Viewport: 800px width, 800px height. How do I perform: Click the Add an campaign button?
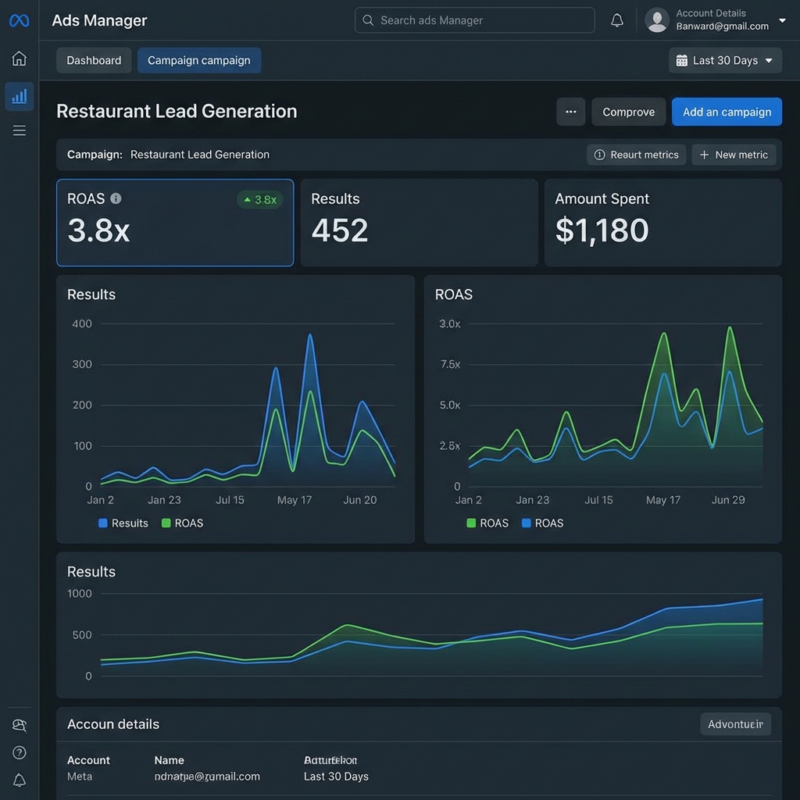pyautogui.click(x=727, y=112)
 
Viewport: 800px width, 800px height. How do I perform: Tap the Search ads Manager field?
pyautogui.click(x=474, y=20)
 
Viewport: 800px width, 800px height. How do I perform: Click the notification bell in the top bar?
pyautogui.click(x=617, y=20)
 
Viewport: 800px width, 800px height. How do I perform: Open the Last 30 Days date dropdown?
pyautogui.click(x=725, y=60)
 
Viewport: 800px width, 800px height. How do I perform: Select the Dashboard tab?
pyautogui.click(x=94, y=60)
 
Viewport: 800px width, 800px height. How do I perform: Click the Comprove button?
pyautogui.click(x=628, y=112)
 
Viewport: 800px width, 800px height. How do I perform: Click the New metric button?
pyautogui.click(x=734, y=155)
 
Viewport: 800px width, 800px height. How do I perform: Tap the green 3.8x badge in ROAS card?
pyautogui.click(x=259, y=199)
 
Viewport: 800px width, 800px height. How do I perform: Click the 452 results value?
pyautogui.click(x=340, y=230)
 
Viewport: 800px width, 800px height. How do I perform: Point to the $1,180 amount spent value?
pyautogui.click(x=602, y=230)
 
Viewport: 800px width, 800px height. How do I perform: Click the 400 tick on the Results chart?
pyautogui.click(x=81, y=323)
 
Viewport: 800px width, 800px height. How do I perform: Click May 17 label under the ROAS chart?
pyautogui.click(x=662, y=500)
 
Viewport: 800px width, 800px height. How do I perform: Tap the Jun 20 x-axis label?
pyautogui.click(x=359, y=500)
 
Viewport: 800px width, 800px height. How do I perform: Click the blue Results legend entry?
pyautogui.click(x=123, y=523)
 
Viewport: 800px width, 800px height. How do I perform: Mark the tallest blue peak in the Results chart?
pyautogui.click(x=310, y=335)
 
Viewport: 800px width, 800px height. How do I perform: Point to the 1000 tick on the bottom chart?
pyautogui.click(x=79, y=594)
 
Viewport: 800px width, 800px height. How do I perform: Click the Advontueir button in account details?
pyautogui.click(x=734, y=724)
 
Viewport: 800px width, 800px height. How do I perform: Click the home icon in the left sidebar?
pyautogui.click(x=20, y=59)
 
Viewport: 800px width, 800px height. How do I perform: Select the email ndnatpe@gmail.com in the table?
pyautogui.click(x=207, y=777)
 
